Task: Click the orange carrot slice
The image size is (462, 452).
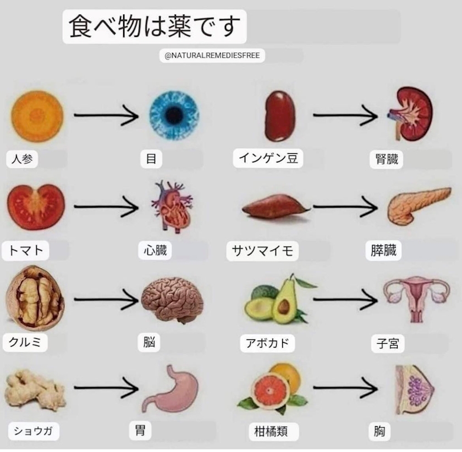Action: (37, 116)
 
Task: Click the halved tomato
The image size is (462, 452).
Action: (36, 207)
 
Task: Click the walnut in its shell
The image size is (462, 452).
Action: (35, 298)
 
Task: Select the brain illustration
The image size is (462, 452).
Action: (172, 300)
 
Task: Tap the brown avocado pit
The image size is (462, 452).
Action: (284, 306)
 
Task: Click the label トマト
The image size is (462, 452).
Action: (25, 250)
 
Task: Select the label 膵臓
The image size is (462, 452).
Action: (383, 250)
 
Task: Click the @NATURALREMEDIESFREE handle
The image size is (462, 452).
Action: (212, 55)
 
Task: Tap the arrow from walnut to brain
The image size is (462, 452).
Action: (106, 299)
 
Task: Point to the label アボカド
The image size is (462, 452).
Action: (267, 343)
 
